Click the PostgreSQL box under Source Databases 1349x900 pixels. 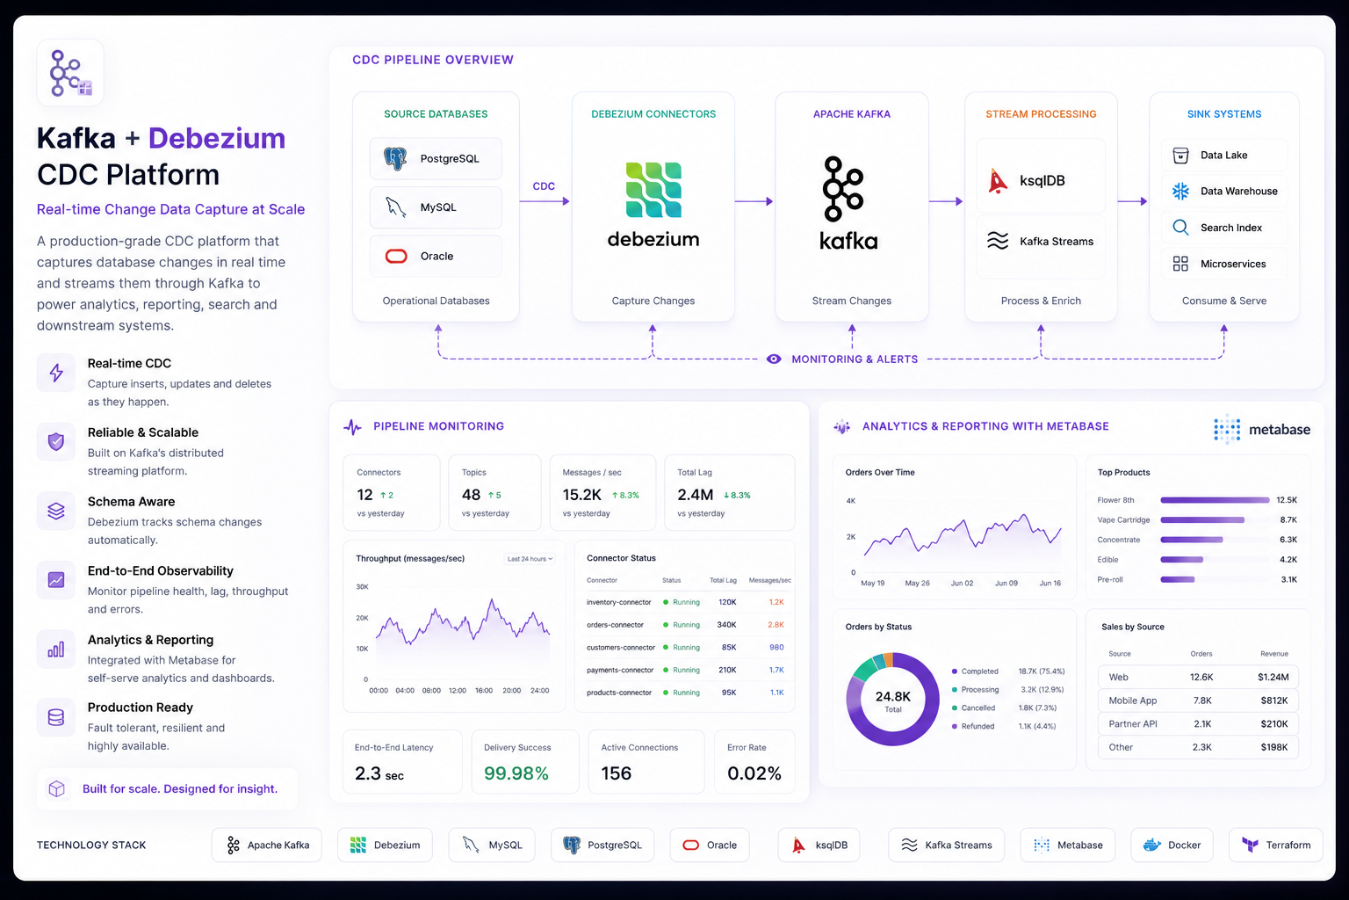click(436, 158)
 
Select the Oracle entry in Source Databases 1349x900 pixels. click(436, 256)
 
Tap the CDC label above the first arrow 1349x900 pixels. click(544, 186)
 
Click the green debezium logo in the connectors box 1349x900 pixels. click(653, 190)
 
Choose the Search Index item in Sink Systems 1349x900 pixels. click(1223, 228)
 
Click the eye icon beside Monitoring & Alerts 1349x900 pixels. click(774, 359)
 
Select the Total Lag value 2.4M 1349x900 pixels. click(695, 495)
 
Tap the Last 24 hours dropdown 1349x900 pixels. click(530, 559)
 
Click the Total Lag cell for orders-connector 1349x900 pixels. click(726, 625)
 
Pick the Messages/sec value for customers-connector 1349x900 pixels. click(776, 648)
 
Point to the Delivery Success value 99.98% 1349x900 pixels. click(516, 773)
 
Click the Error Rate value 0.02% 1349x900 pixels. click(754, 773)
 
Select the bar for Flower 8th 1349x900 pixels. click(1215, 500)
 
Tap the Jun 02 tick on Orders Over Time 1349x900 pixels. click(962, 583)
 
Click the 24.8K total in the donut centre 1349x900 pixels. click(892, 697)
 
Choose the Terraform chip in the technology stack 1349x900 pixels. click(1275, 846)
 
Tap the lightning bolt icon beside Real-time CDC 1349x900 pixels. click(56, 373)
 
